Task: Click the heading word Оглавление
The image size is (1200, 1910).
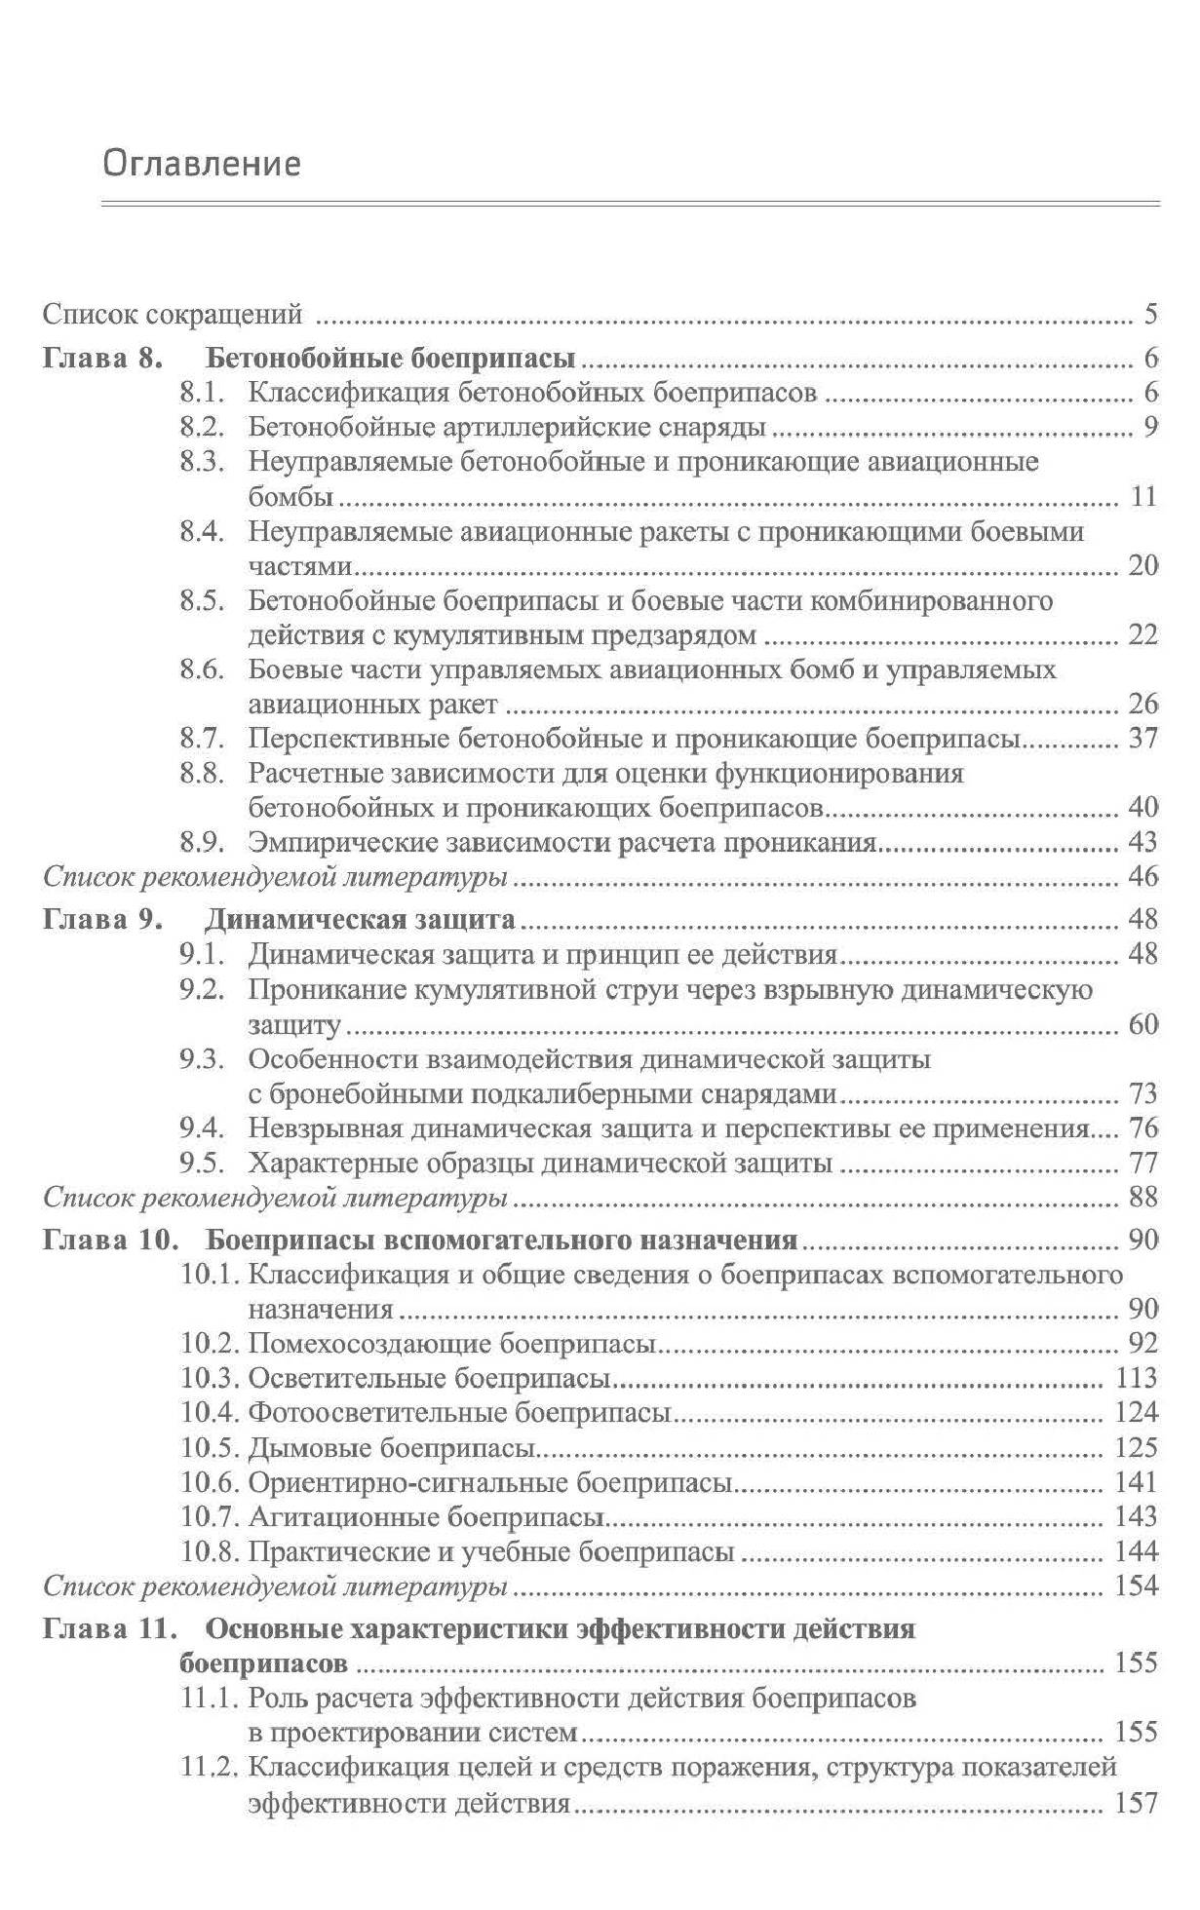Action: [x=202, y=163]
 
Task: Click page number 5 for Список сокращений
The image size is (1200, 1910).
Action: [x=1150, y=315]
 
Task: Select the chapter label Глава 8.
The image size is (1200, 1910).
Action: [x=101, y=358]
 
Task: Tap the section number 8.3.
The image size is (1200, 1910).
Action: [x=203, y=461]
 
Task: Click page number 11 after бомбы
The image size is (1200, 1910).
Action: [x=1142, y=496]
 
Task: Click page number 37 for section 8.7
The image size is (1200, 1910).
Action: [x=1142, y=738]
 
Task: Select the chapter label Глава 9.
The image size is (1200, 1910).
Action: [x=101, y=919]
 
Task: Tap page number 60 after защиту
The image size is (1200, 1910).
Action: [x=1142, y=1024]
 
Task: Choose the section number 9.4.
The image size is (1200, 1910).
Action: [x=203, y=1128]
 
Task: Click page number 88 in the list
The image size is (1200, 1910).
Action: [x=1142, y=1197]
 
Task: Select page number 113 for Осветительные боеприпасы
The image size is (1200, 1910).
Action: [x=1136, y=1378]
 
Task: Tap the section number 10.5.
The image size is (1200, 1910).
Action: [x=210, y=1447]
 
